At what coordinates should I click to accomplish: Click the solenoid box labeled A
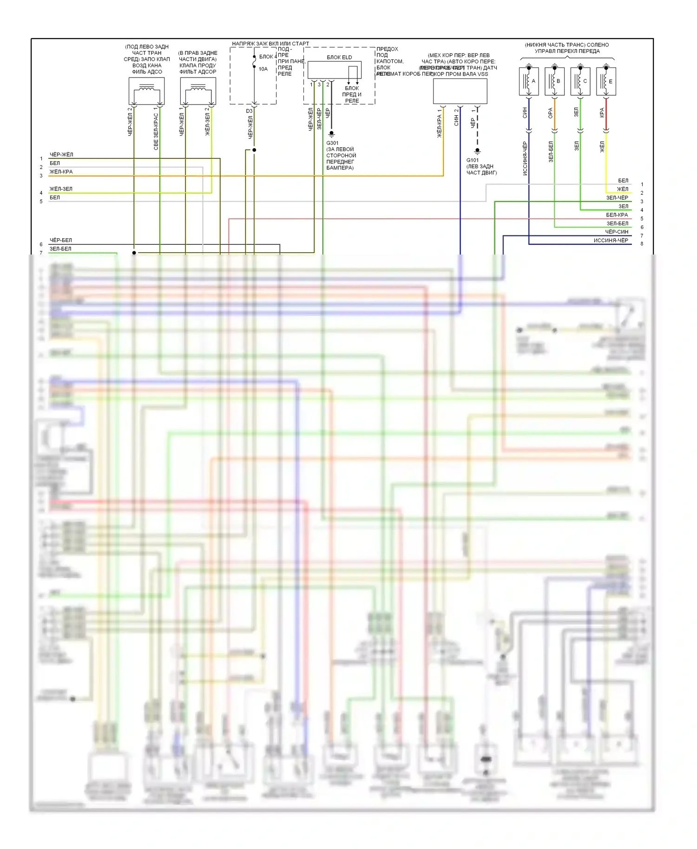(529, 81)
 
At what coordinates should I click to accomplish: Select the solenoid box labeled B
(554, 81)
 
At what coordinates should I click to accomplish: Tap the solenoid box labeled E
(606, 81)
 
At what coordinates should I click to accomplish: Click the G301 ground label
(332, 143)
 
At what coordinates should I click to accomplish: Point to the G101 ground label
(472, 160)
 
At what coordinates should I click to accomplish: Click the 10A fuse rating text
(263, 69)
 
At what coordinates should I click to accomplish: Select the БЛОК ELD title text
(339, 58)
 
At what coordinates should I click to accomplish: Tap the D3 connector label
(249, 111)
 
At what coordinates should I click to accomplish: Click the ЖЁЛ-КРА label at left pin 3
(61, 172)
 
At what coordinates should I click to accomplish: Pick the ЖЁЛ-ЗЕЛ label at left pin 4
(61, 189)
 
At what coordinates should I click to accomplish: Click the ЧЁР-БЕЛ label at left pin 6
(61, 240)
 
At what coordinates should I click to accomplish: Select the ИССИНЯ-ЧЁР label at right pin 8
(611, 241)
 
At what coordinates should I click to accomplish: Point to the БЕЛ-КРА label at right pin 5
(617, 215)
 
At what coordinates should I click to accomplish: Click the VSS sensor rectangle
(460, 91)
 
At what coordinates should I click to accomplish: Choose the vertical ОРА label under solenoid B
(550, 113)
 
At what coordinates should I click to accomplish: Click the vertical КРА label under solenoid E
(602, 112)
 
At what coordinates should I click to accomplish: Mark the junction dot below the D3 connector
(254, 150)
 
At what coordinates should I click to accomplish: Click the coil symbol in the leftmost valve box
(147, 88)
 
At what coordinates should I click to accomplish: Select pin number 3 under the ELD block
(319, 85)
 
